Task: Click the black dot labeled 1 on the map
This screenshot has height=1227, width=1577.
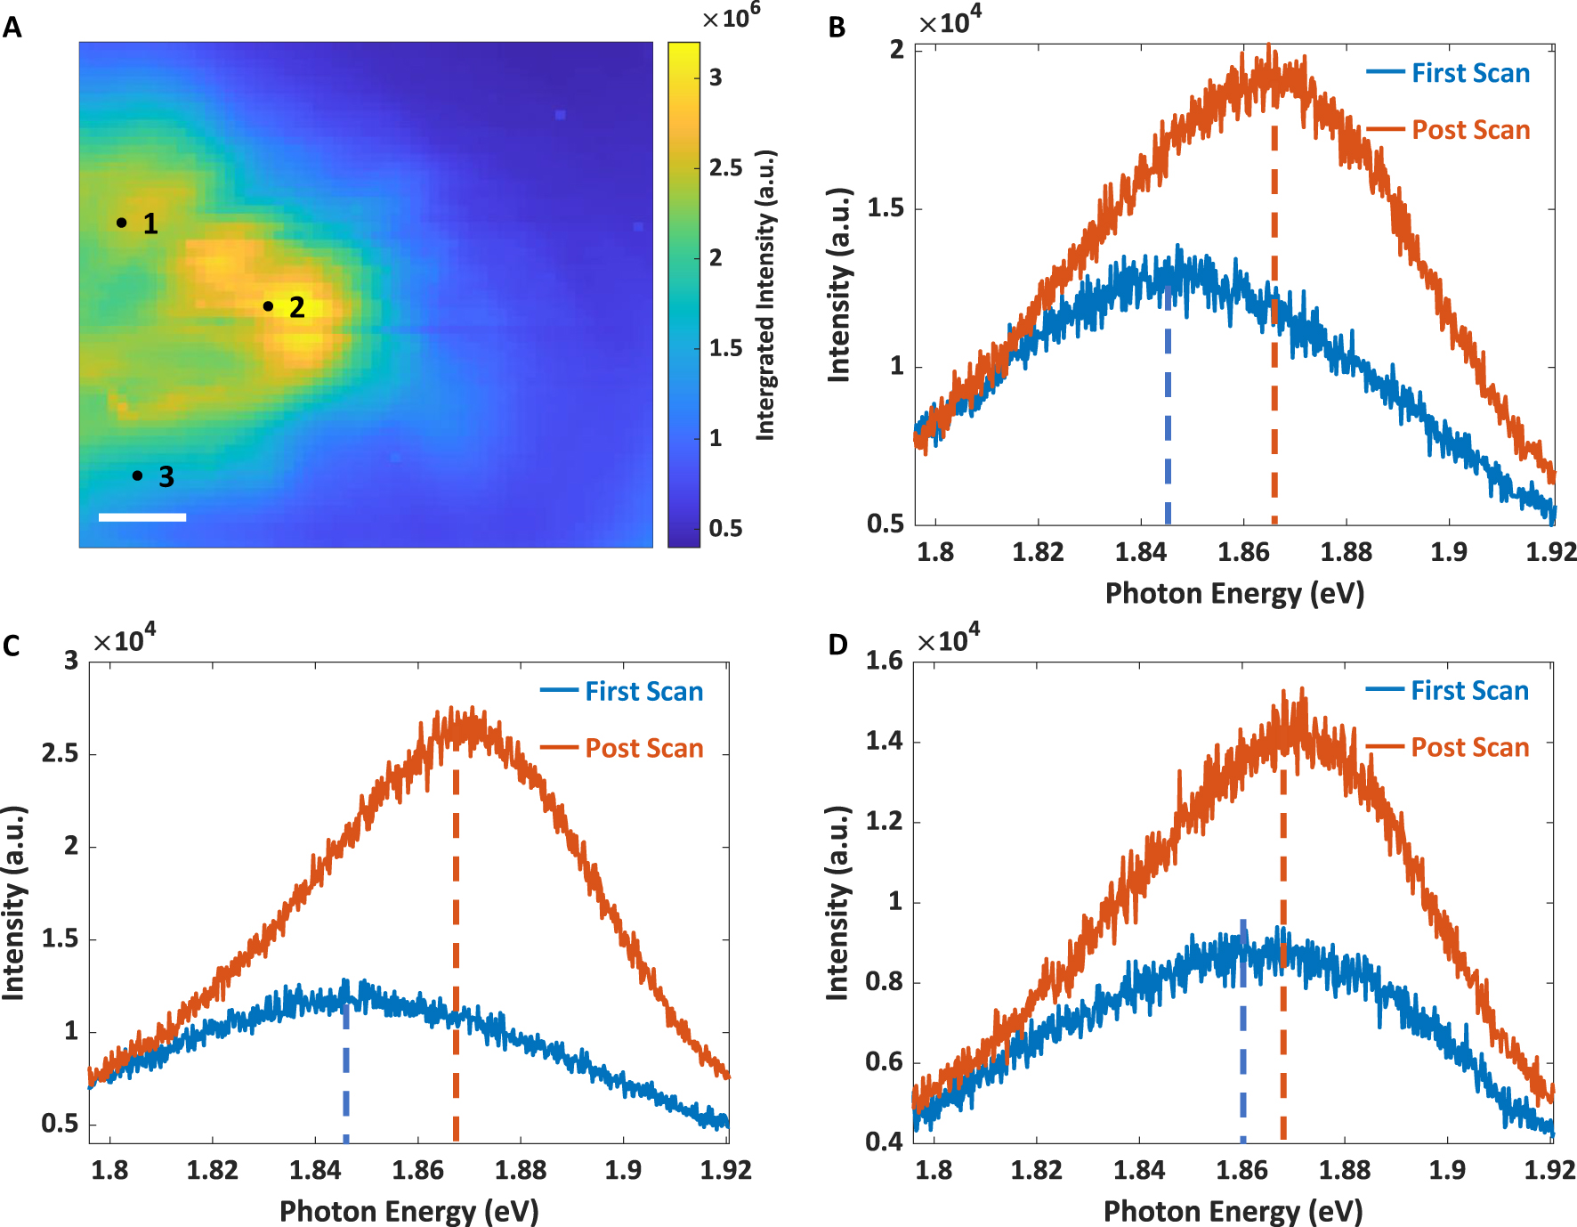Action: (x=121, y=222)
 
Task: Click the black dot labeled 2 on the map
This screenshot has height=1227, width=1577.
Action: (x=268, y=306)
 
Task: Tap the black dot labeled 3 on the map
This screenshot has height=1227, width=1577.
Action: (x=137, y=475)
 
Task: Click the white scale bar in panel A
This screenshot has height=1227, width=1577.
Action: (x=142, y=516)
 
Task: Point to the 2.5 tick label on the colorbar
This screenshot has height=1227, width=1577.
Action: (x=725, y=168)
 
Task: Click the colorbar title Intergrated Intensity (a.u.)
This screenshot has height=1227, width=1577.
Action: (x=765, y=295)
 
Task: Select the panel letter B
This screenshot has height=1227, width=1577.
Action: (x=837, y=28)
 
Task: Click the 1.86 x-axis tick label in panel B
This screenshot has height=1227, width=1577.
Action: (x=1243, y=552)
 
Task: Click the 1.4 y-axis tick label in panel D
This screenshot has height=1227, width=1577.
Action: (x=884, y=741)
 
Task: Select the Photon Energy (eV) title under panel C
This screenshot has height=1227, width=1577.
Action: (x=409, y=1211)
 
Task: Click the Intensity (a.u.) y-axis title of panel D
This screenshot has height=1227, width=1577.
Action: (x=837, y=903)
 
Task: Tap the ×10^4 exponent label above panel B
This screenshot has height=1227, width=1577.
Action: (x=950, y=21)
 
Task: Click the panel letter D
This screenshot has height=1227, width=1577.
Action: (x=837, y=645)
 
